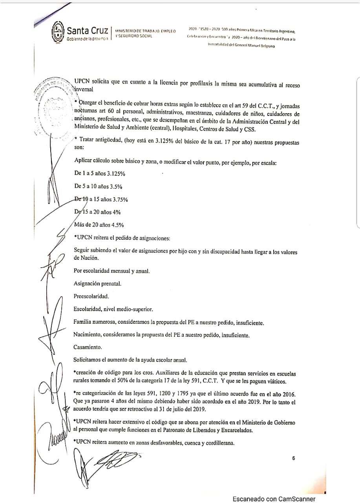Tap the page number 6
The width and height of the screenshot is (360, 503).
(x=293, y=458)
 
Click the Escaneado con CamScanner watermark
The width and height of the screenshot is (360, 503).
(x=274, y=499)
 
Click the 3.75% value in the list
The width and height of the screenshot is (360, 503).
(x=118, y=199)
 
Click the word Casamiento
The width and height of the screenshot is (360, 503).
(x=88, y=347)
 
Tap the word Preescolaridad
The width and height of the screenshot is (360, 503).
(x=91, y=296)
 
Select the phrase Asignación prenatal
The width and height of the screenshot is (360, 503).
(x=97, y=283)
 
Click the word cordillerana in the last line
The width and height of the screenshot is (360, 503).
(x=218, y=442)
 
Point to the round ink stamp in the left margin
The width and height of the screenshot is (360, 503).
(x=53, y=106)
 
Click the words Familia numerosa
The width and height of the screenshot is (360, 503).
(x=93, y=322)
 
